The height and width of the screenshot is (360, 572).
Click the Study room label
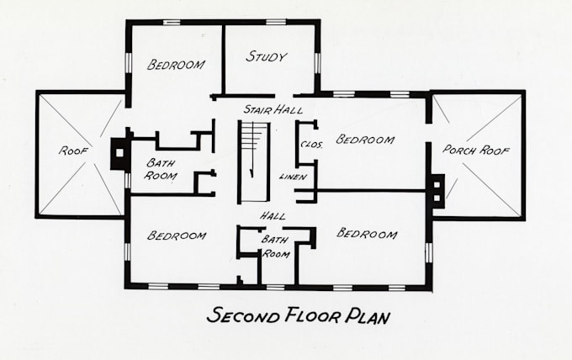click(x=267, y=57)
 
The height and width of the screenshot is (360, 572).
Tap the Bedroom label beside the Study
click(x=177, y=64)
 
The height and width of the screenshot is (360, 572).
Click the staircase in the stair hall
click(x=252, y=161)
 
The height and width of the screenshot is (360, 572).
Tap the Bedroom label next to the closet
click(x=365, y=140)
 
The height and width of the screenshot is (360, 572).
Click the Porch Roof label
click(x=476, y=151)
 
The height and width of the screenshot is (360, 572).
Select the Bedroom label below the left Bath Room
click(x=177, y=236)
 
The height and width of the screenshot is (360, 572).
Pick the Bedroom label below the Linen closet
click(x=366, y=233)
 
